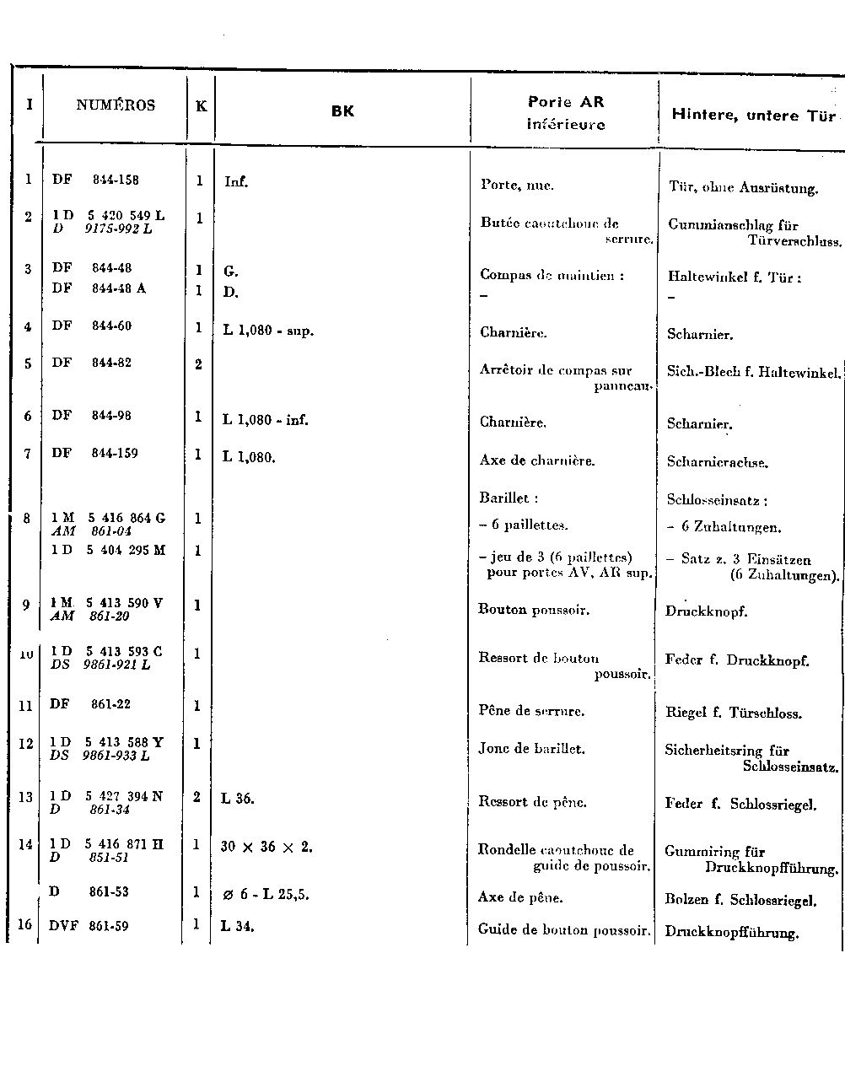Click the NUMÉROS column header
pyautogui.click(x=116, y=105)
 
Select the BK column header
pyautogui.click(x=342, y=110)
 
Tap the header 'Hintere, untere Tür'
pyautogui.click(x=753, y=116)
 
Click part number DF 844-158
pyautogui.click(x=95, y=180)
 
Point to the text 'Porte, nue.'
pyautogui.click(x=517, y=186)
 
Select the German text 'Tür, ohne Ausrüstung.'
pyautogui.click(x=743, y=188)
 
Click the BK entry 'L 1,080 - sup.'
pyautogui.click(x=268, y=331)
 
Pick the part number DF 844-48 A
pyautogui.click(x=99, y=288)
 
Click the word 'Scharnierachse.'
pyautogui.click(x=718, y=462)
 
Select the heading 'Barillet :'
pyautogui.click(x=509, y=498)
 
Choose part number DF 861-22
pyautogui.click(x=90, y=704)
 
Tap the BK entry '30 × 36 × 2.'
pyautogui.click(x=266, y=847)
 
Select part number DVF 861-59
pyautogui.click(x=89, y=926)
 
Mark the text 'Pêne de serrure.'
pyautogui.click(x=531, y=711)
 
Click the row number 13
pyautogui.click(x=25, y=797)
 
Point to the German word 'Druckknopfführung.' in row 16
pyautogui.click(x=731, y=933)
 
